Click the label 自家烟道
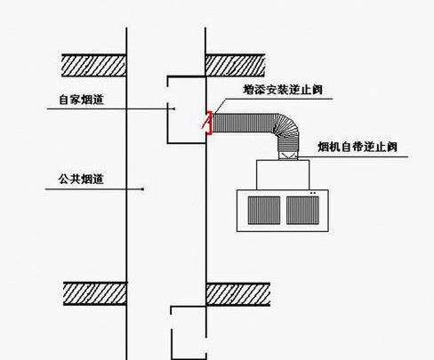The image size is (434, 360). [x=81, y=100]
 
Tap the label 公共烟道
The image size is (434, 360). [x=81, y=179]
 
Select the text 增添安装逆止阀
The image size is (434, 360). [x=283, y=90]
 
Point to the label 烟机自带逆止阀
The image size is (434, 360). [x=358, y=147]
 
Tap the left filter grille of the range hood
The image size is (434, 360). [x=264, y=211]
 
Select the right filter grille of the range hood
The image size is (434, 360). [x=302, y=211]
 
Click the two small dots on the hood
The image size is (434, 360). [x=313, y=193]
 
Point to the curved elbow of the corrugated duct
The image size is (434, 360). [x=286, y=127]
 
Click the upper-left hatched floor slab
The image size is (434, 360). [x=94, y=66]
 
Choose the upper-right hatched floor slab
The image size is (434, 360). [x=235, y=66]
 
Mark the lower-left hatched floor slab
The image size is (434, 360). [x=95, y=293]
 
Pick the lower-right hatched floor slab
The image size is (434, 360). [x=237, y=294]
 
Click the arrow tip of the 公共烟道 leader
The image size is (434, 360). [x=143, y=189]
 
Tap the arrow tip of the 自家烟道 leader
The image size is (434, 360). [x=174, y=108]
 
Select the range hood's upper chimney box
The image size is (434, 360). [x=283, y=175]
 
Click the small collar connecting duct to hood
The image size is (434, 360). [x=287, y=156]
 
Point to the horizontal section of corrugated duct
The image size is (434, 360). [x=244, y=123]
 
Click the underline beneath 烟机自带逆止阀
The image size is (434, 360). [x=353, y=157]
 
